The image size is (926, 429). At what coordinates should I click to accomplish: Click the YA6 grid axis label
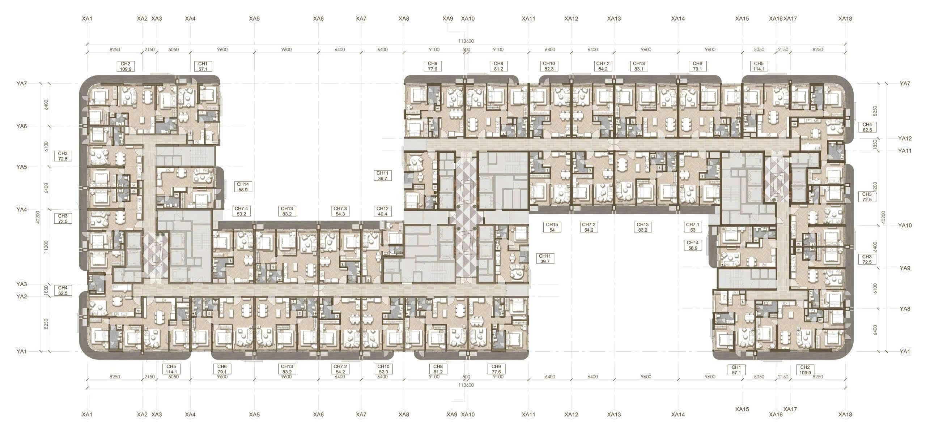pos(22,126)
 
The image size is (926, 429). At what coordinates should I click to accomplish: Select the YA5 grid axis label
pos(22,167)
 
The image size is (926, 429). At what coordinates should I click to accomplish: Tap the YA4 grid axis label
pos(22,210)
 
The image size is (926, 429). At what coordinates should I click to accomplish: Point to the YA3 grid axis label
pos(22,284)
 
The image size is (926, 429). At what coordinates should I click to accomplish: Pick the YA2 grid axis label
pos(22,296)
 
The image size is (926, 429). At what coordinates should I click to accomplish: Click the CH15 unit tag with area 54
pos(552,227)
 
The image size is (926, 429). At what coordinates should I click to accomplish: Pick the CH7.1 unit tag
pos(693,227)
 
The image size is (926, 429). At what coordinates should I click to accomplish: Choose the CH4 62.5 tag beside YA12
pos(867,127)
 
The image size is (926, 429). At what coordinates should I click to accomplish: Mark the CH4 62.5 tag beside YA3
pos(63,291)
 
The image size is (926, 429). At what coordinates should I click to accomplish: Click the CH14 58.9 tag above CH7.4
pos(243,187)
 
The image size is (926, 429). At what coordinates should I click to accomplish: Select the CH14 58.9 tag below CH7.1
pos(693,245)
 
